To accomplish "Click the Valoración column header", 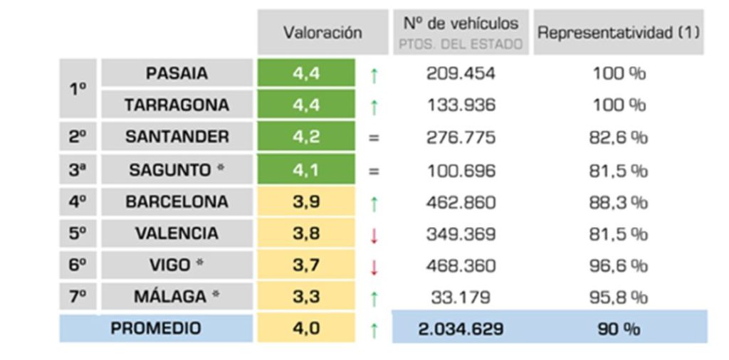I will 322,33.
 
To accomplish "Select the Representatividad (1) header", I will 619,33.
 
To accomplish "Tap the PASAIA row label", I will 177,73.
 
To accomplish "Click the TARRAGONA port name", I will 177,105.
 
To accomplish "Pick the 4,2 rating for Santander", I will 306,137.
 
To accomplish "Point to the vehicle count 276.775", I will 461,137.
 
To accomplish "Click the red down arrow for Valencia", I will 374,235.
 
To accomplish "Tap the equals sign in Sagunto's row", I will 374,171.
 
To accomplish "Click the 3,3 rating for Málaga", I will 306,297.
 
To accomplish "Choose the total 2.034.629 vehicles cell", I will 460,329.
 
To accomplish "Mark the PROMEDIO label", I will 156,329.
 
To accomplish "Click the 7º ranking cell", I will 78,297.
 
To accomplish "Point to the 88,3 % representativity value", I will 618,202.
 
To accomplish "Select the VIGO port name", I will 177,265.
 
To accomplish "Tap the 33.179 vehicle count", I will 461,297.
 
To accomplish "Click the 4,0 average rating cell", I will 306,329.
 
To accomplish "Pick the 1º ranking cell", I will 78,89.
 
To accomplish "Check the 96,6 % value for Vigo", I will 618,265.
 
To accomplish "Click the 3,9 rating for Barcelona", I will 306,202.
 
